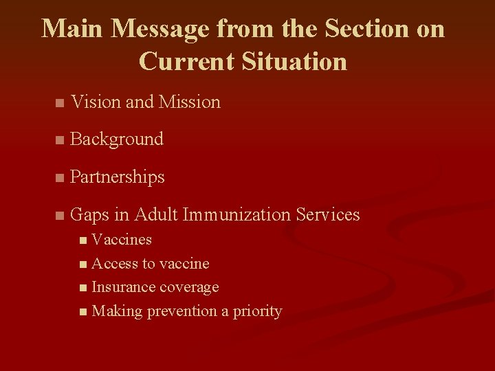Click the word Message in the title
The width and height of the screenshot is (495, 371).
[160, 29]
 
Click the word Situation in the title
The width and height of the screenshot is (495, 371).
[294, 61]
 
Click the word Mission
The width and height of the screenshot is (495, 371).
[189, 102]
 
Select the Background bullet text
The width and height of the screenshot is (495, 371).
[117, 139]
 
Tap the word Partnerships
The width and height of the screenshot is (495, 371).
[118, 177]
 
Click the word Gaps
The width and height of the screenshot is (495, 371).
[90, 215]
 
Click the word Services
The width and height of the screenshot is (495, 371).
[328, 215]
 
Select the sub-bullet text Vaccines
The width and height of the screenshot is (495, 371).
[122, 240]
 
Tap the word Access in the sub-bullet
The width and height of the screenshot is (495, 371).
[115, 264]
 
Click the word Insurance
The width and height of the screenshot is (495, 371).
[122, 287]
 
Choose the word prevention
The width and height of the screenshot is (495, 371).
[180, 311]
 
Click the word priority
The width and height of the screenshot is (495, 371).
[257, 312]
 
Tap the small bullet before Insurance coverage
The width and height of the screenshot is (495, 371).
[83, 288]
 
